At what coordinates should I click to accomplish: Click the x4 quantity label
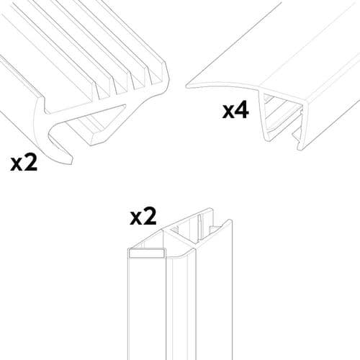coord(235,111)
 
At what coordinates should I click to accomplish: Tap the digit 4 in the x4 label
coord(243,111)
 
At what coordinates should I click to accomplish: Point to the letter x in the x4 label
coord(228,113)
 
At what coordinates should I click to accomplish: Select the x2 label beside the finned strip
coord(24,163)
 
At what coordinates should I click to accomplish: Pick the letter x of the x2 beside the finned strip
coord(17,165)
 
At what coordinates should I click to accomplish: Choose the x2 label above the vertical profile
coord(143,217)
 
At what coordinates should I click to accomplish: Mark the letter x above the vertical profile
coord(135,218)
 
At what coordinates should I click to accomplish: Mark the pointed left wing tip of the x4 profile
coord(189,85)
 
